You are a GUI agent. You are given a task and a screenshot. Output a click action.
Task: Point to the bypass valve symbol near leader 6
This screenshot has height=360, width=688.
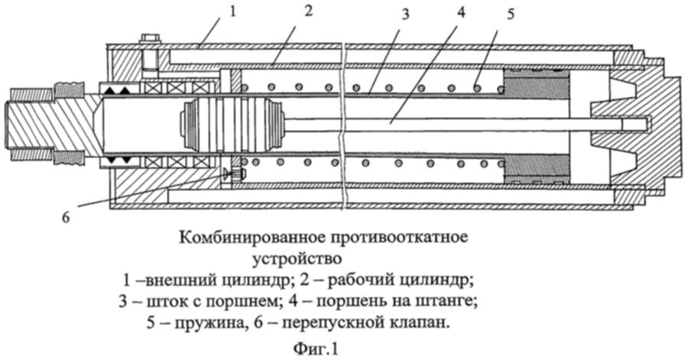coord(230,175)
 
